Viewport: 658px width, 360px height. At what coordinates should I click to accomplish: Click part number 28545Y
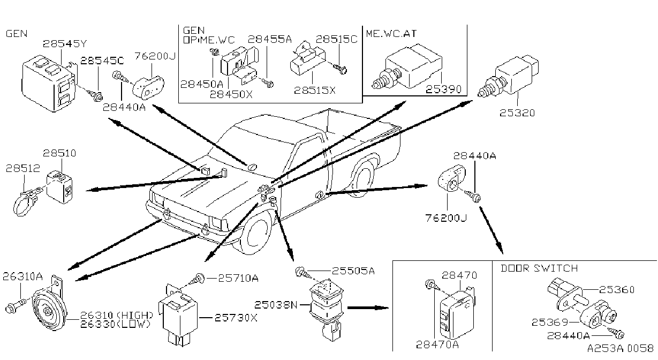pyautogui.click(x=65, y=44)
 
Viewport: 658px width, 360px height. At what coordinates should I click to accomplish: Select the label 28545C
pyautogui.click(x=102, y=61)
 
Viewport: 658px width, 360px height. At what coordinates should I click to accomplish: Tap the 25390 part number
pyautogui.click(x=443, y=89)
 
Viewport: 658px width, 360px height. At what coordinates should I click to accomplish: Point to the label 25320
pyautogui.click(x=517, y=113)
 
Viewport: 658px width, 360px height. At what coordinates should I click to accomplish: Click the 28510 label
pyautogui.click(x=59, y=153)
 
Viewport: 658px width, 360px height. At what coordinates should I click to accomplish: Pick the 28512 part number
pyautogui.click(x=22, y=168)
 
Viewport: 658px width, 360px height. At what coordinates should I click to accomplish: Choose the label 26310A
pyautogui.click(x=22, y=276)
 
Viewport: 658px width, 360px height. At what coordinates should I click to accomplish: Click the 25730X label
pyautogui.click(x=236, y=318)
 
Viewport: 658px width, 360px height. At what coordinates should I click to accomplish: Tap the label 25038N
pyautogui.click(x=276, y=305)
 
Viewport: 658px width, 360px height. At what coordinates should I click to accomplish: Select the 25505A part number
pyautogui.click(x=353, y=271)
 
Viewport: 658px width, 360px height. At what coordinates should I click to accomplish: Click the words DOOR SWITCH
pyautogui.click(x=539, y=268)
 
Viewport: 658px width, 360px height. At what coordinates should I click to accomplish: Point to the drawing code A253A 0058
pyautogui.click(x=621, y=349)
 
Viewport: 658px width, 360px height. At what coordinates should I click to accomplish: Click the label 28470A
pyautogui.click(x=437, y=344)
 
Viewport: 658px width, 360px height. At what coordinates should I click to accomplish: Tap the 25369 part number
pyautogui.click(x=550, y=322)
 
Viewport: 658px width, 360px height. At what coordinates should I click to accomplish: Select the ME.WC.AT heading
pyautogui.click(x=391, y=34)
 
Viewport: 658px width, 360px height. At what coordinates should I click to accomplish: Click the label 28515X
pyautogui.click(x=315, y=90)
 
